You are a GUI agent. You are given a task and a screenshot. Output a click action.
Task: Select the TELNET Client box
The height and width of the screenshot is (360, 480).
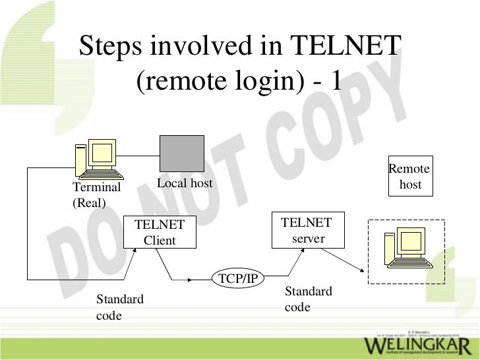(x=160, y=232)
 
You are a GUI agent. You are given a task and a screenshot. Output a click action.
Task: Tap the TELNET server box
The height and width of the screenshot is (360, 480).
(x=307, y=230)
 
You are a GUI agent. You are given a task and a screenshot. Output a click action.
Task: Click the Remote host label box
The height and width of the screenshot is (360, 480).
(x=409, y=177)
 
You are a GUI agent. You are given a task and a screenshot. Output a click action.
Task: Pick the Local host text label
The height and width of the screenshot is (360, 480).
(x=185, y=183)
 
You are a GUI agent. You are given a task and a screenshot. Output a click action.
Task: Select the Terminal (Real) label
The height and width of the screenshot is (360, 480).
(x=96, y=195)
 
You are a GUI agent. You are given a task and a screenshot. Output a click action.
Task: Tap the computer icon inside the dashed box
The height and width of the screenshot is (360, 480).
(x=407, y=249)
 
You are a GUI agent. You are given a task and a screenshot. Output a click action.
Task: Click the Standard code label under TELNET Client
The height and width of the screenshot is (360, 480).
(x=119, y=307)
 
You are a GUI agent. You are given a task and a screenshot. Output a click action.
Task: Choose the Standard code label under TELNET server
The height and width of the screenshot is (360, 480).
(x=308, y=299)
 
